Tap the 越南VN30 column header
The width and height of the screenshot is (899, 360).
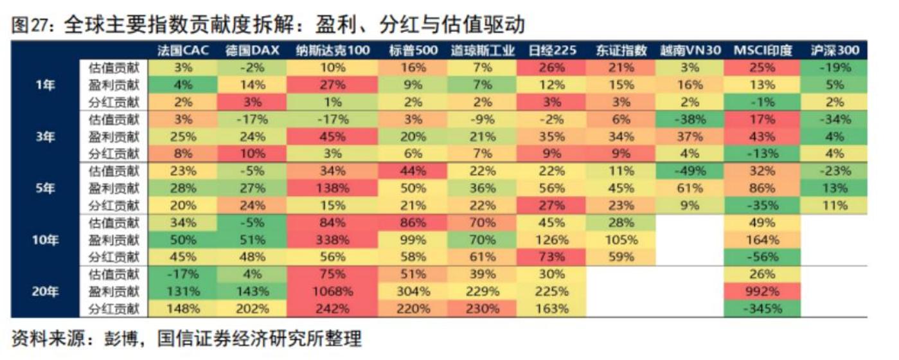[690, 51]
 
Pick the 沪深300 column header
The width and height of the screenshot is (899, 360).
[835, 51]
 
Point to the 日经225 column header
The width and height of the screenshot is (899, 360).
[552, 51]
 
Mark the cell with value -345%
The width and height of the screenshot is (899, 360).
[762, 309]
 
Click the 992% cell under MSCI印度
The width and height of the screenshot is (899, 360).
[762, 291]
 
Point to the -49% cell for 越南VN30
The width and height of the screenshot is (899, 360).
[690, 170]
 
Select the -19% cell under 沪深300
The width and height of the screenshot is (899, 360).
[835, 67]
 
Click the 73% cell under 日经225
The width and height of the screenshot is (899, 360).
[552, 256]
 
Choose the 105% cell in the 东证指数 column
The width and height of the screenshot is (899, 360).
[621, 239]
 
